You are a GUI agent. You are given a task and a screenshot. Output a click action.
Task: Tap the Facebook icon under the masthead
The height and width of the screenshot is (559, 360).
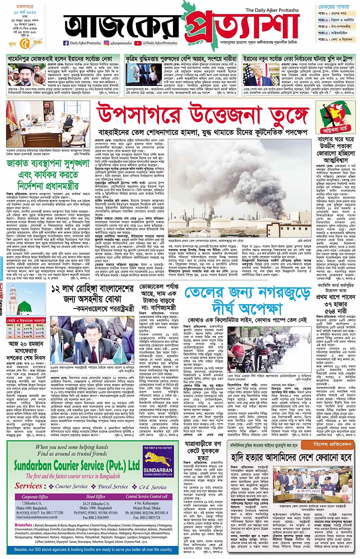[x=66, y=43]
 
